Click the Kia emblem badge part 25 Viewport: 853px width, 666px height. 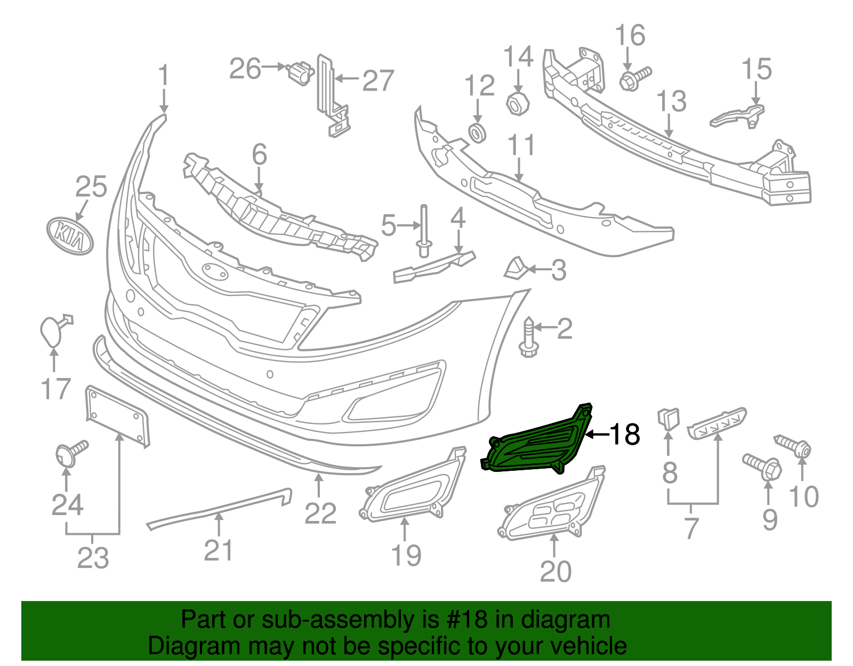click(x=70, y=236)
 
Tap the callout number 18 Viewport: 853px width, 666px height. click(x=624, y=435)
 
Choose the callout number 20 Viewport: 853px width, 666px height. click(x=556, y=572)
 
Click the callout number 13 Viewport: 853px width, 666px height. click(x=671, y=101)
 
